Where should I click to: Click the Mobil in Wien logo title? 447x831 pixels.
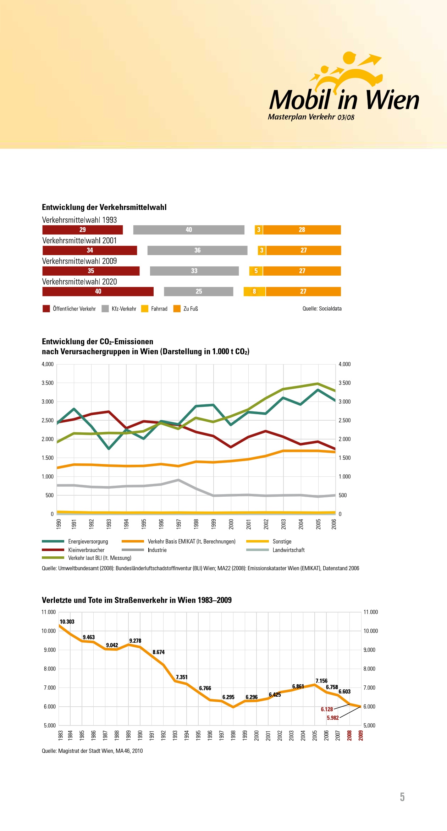click(344, 100)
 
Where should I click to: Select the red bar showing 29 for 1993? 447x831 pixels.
click(82, 230)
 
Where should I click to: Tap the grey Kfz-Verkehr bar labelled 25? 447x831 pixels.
click(199, 292)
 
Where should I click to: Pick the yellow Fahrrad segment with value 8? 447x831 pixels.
click(254, 292)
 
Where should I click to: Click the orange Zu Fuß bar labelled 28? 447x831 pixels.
click(302, 230)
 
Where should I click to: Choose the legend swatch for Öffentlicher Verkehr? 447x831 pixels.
click(46, 309)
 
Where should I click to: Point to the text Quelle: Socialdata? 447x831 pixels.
click(322, 309)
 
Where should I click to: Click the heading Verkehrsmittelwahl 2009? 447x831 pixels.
click(79, 261)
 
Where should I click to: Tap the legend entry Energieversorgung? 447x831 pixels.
click(88, 541)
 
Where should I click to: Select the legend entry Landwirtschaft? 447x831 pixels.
click(288, 550)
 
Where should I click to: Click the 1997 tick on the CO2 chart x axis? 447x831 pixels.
click(179, 524)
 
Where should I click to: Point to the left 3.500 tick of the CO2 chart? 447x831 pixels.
click(48, 383)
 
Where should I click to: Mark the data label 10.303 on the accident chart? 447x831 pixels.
click(67, 622)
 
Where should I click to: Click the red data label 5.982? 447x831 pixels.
click(333, 718)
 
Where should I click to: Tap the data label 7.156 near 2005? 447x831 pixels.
click(321, 681)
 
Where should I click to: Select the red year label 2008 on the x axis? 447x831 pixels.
click(349, 735)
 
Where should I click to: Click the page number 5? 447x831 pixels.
click(402, 797)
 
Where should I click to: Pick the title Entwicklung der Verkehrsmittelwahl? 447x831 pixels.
click(104, 207)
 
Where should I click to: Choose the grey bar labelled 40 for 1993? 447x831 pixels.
click(189, 230)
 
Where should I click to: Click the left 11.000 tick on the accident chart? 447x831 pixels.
click(49, 612)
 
